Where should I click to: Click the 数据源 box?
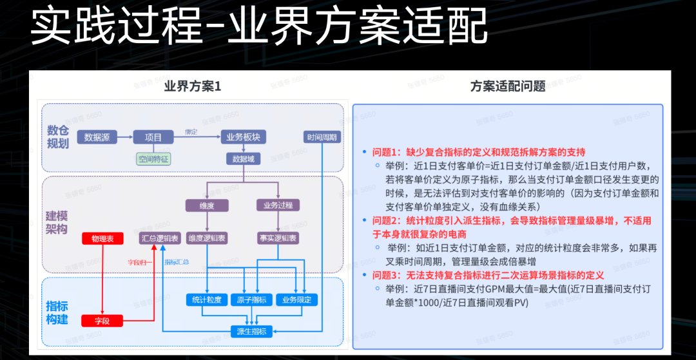[x=97, y=137]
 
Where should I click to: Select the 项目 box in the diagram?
[x=153, y=137]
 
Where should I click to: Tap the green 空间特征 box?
[x=153, y=158]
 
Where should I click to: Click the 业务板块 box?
[x=243, y=137]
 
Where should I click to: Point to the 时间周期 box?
[x=322, y=137]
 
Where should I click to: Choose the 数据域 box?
[x=243, y=158]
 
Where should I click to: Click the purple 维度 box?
[x=206, y=205]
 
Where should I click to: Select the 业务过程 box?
[x=278, y=205]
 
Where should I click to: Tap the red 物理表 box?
[x=102, y=238]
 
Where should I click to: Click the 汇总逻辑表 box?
[x=161, y=238]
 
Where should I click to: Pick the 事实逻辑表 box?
[x=278, y=238]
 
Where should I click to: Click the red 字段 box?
[x=102, y=320]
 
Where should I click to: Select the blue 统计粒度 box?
[x=207, y=300]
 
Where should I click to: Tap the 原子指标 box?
[x=251, y=300]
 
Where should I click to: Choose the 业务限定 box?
[x=296, y=300]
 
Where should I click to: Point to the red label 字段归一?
[x=139, y=262]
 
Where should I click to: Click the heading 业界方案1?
[x=193, y=86]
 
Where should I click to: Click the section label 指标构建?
[x=57, y=312]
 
